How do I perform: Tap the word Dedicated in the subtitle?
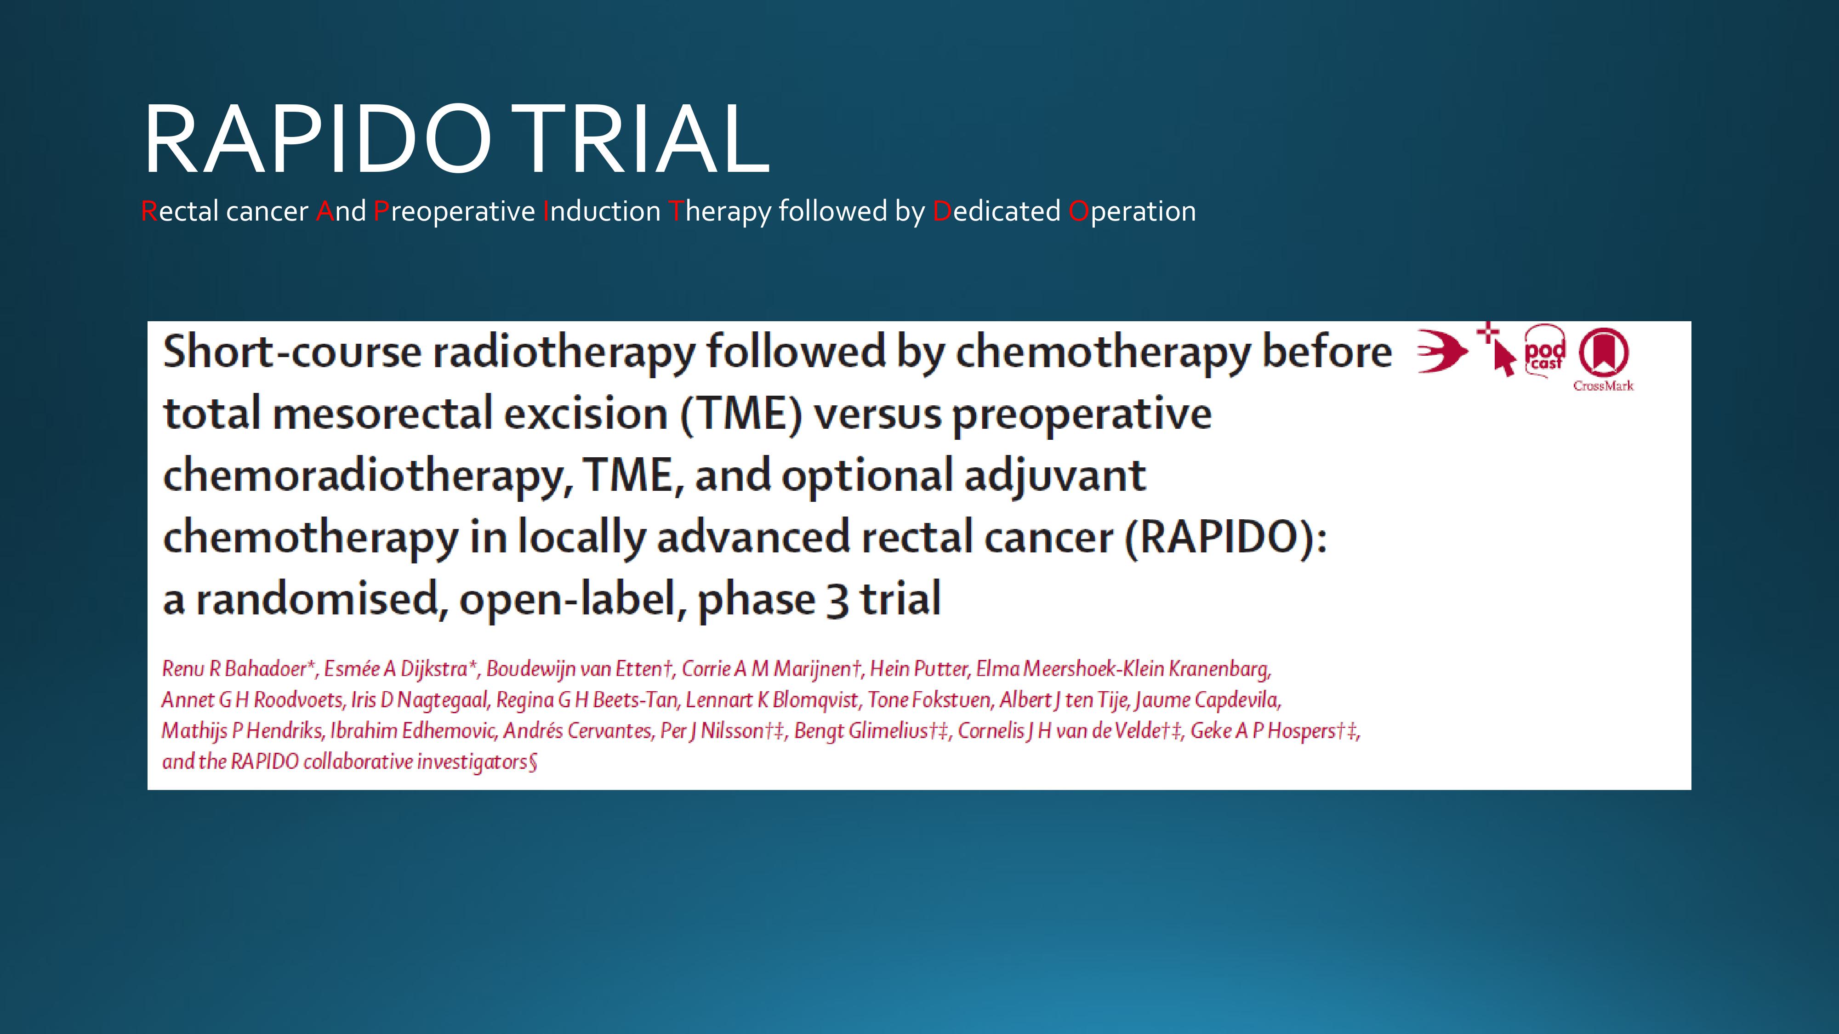pyautogui.click(x=996, y=211)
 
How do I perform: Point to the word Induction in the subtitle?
pyautogui.click(x=602, y=211)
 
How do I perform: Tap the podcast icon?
pyautogui.click(x=1545, y=350)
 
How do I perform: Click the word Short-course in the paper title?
pyautogui.click(x=292, y=352)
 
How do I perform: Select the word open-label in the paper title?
pyautogui.click(x=568, y=599)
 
